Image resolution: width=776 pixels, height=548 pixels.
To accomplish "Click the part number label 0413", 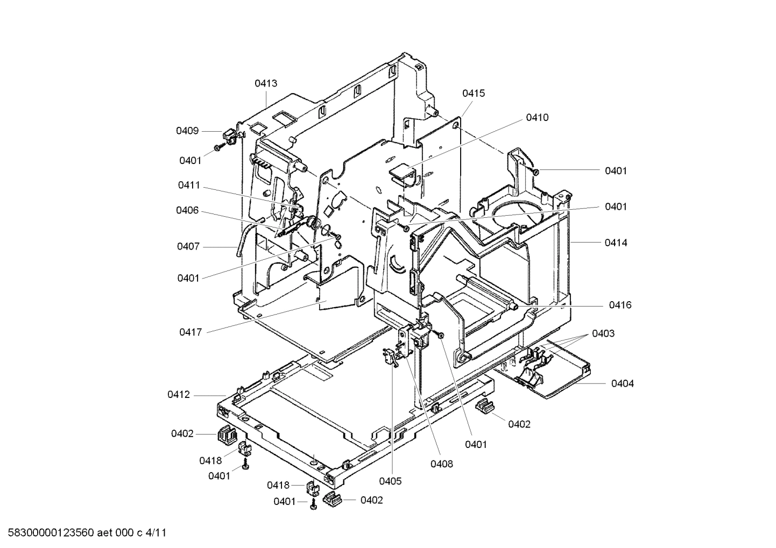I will pos(266,83).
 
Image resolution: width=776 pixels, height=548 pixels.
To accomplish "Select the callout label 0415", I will pos(474,93).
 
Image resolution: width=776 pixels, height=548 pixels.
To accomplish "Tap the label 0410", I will pos(537,117).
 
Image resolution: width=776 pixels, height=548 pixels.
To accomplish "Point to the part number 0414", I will pos(616,243).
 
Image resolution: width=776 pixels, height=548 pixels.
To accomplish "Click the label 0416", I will pos(620,305).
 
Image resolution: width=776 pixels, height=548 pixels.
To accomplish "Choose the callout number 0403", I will pos(603,333).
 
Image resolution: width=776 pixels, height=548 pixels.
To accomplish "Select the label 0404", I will pos(622,383).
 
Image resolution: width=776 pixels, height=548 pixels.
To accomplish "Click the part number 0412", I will pos(179,395).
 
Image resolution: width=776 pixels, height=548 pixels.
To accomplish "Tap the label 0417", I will pos(191,332).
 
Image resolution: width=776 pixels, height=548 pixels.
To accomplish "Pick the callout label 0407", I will pos(188,246).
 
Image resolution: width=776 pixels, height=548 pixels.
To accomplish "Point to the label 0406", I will pos(187,210).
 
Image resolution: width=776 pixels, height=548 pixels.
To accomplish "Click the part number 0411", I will pos(189,185).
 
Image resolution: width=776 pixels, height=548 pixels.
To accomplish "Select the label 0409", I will pos(187,131).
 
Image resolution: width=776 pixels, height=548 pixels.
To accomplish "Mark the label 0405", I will pos(390,481).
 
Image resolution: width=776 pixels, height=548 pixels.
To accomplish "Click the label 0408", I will pos(441,464).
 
